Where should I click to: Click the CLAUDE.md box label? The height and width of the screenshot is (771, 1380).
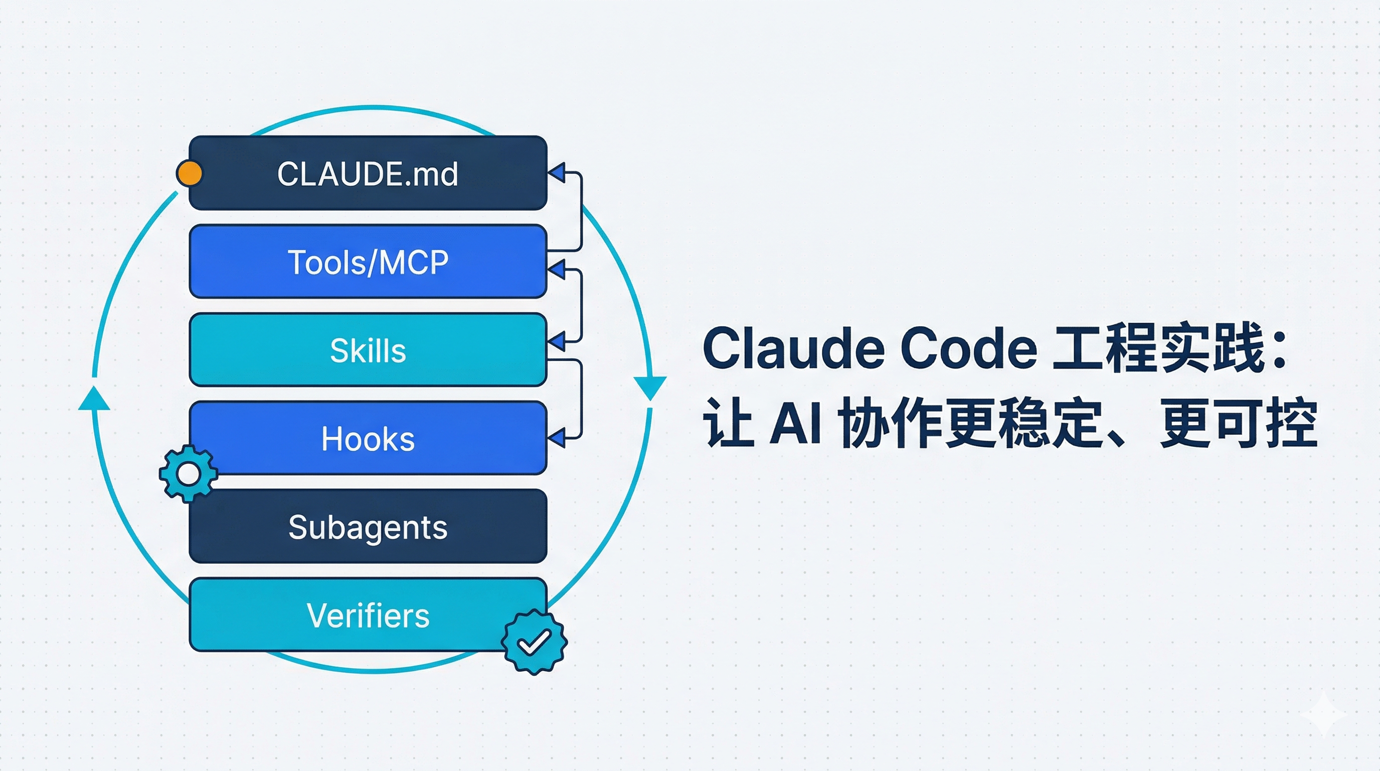coord(368,174)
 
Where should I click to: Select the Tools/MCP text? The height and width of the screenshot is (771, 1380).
coord(368,262)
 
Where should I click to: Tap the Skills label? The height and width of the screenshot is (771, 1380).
coord(368,351)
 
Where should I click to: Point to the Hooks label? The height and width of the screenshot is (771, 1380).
coord(368,439)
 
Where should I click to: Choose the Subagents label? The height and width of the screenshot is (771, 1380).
coord(368,527)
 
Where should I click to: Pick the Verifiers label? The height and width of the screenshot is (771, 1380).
coord(368,615)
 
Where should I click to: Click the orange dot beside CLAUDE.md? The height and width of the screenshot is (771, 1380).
coord(189,173)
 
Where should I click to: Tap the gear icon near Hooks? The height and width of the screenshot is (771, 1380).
coord(188,473)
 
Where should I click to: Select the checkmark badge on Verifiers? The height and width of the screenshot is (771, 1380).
coord(534,641)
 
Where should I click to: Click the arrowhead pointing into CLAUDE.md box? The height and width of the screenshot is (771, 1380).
coord(557,173)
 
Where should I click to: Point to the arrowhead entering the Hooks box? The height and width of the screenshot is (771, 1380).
coord(557,438)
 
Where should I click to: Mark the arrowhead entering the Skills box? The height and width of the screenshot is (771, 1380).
coord(557,341)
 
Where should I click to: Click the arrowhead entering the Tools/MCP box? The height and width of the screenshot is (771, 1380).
coord(557,269)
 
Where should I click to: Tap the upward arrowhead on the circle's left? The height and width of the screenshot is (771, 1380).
coord(94,399)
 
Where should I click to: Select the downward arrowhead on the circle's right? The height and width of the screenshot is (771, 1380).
coord(650,387)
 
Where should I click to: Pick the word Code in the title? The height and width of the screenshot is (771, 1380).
coord(969,348)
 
